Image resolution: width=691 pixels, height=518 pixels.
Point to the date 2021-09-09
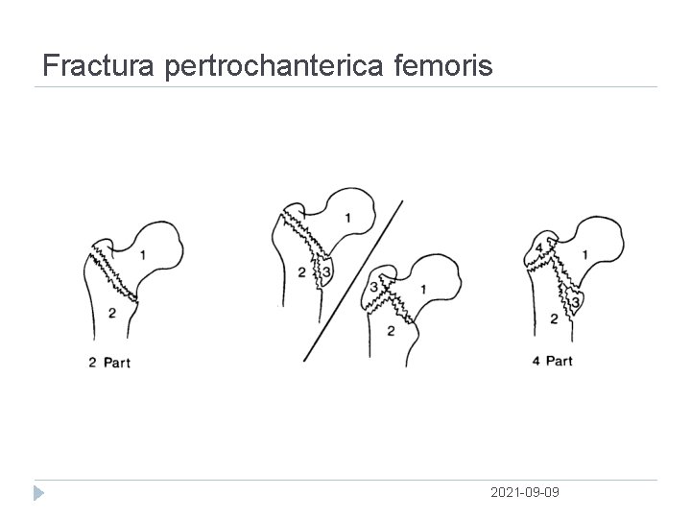pos(525,492)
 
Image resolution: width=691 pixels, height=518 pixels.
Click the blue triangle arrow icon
pos(37,493)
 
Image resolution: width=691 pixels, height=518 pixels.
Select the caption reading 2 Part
pos(110,363)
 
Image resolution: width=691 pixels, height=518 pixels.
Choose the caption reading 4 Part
pos(552,362)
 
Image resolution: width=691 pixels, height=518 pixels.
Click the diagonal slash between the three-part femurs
pos(353,280)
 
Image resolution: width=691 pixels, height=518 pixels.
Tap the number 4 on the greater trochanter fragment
pos(538,248)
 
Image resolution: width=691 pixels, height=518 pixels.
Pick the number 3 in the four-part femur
pos(575,303)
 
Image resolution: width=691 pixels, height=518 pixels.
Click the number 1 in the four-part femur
pos(586,254)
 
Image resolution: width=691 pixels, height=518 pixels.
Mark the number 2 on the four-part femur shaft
pos(554,318)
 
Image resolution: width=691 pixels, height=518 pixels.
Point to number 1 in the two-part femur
pos(143,254)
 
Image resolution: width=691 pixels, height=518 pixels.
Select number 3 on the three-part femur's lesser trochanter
pos(326,272)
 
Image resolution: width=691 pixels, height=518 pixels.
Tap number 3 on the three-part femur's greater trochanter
pos(373,288)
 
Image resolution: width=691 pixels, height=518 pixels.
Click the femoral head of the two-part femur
pos(158,247)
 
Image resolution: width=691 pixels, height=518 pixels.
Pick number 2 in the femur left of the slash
pos(301,273)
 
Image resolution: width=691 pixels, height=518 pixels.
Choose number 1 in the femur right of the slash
pos(423,289)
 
